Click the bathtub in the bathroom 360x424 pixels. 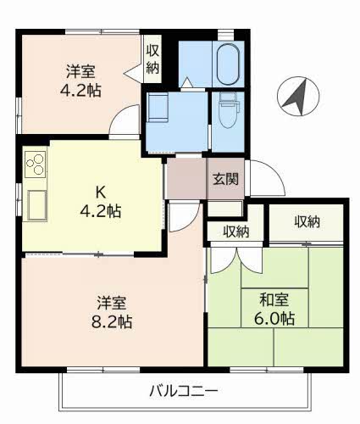coord(228,64)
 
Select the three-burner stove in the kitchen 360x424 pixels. coord(35,165)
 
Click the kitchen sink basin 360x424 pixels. coord(37,205)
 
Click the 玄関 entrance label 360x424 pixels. coord(225,179)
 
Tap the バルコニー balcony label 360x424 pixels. coord(184,392)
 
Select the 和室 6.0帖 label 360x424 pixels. coord(274,309)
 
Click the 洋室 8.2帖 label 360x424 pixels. coord(112,312)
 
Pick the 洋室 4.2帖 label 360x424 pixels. coord(80,81)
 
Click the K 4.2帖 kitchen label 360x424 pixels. coord(101,201)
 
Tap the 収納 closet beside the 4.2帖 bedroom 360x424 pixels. coord(152,59)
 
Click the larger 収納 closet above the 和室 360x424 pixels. coord(306,222)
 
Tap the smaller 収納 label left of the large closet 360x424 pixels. coord(236,232)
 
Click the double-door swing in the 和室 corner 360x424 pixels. coord(236,260)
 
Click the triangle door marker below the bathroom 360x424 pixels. coord(186,82)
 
